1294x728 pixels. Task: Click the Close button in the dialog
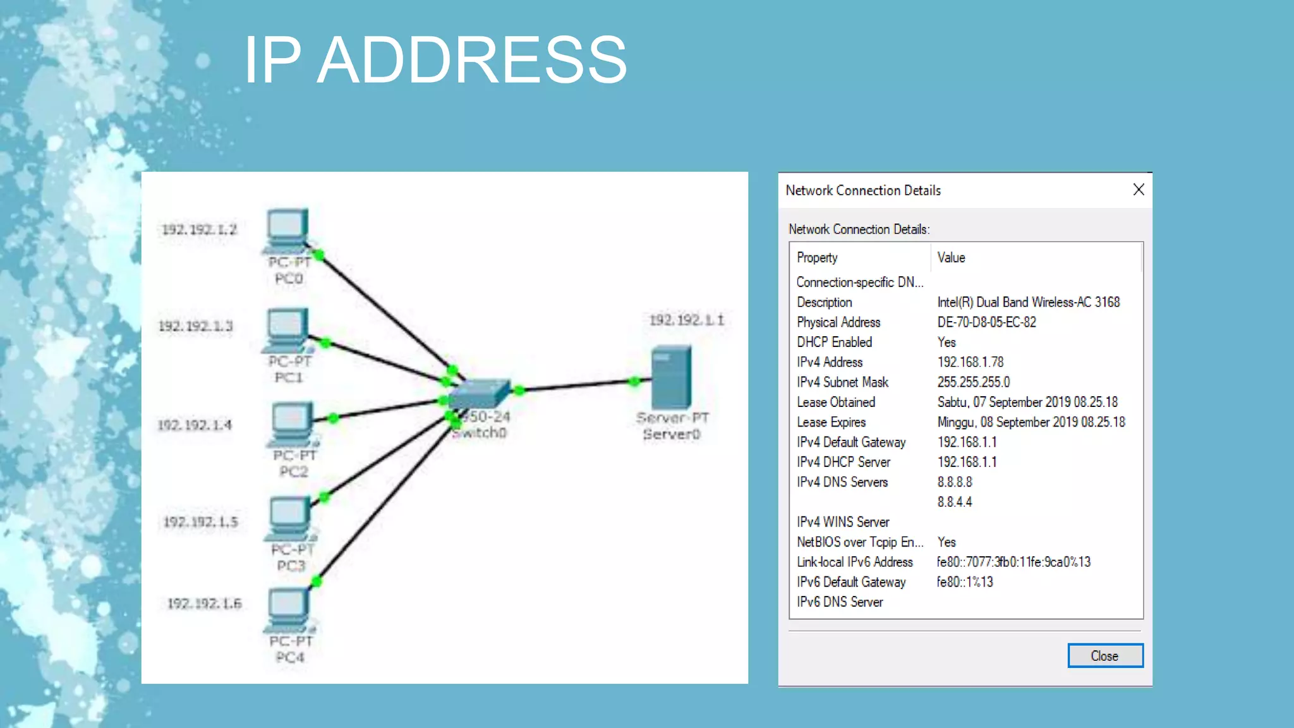coord(1104,655)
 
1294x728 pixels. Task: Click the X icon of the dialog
coord(1139,190)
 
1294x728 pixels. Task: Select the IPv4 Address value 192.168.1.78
coord(970,362)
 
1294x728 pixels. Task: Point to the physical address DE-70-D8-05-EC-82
coord(986,322)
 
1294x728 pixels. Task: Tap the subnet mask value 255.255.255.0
coord(973,382)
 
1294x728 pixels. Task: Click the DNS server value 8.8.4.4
coord(954,502)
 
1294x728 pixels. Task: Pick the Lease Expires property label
coord(831,422)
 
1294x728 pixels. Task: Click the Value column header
coord(951,257)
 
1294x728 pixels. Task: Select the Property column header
coord(817,257)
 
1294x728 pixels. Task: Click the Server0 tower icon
coord(671,377)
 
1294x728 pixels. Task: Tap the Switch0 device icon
coord(479,393)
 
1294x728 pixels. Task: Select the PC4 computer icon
coord(288,610)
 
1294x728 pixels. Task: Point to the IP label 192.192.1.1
coord(686,320)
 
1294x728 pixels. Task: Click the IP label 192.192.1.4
coord(195,425)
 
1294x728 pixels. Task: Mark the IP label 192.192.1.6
coord(204,604)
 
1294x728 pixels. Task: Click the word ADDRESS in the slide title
coord(471,60)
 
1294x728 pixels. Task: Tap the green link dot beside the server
coord(634,381)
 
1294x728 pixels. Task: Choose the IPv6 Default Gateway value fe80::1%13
coord(964,582)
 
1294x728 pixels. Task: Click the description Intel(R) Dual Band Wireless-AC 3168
coord(1028,302)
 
